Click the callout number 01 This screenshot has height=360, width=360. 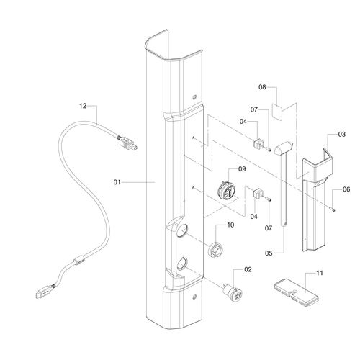point(117,182)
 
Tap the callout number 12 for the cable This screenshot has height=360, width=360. point(83,106)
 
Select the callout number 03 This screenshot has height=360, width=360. point(342,135)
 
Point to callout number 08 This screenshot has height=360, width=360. point(262,87)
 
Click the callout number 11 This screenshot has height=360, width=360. point(320,273)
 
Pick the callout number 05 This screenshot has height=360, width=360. point(269,253)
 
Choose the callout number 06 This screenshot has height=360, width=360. point(346,189)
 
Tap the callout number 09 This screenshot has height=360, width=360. point(242,169)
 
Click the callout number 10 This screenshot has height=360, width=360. point(230,225)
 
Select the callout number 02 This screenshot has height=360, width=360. point(248,269)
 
